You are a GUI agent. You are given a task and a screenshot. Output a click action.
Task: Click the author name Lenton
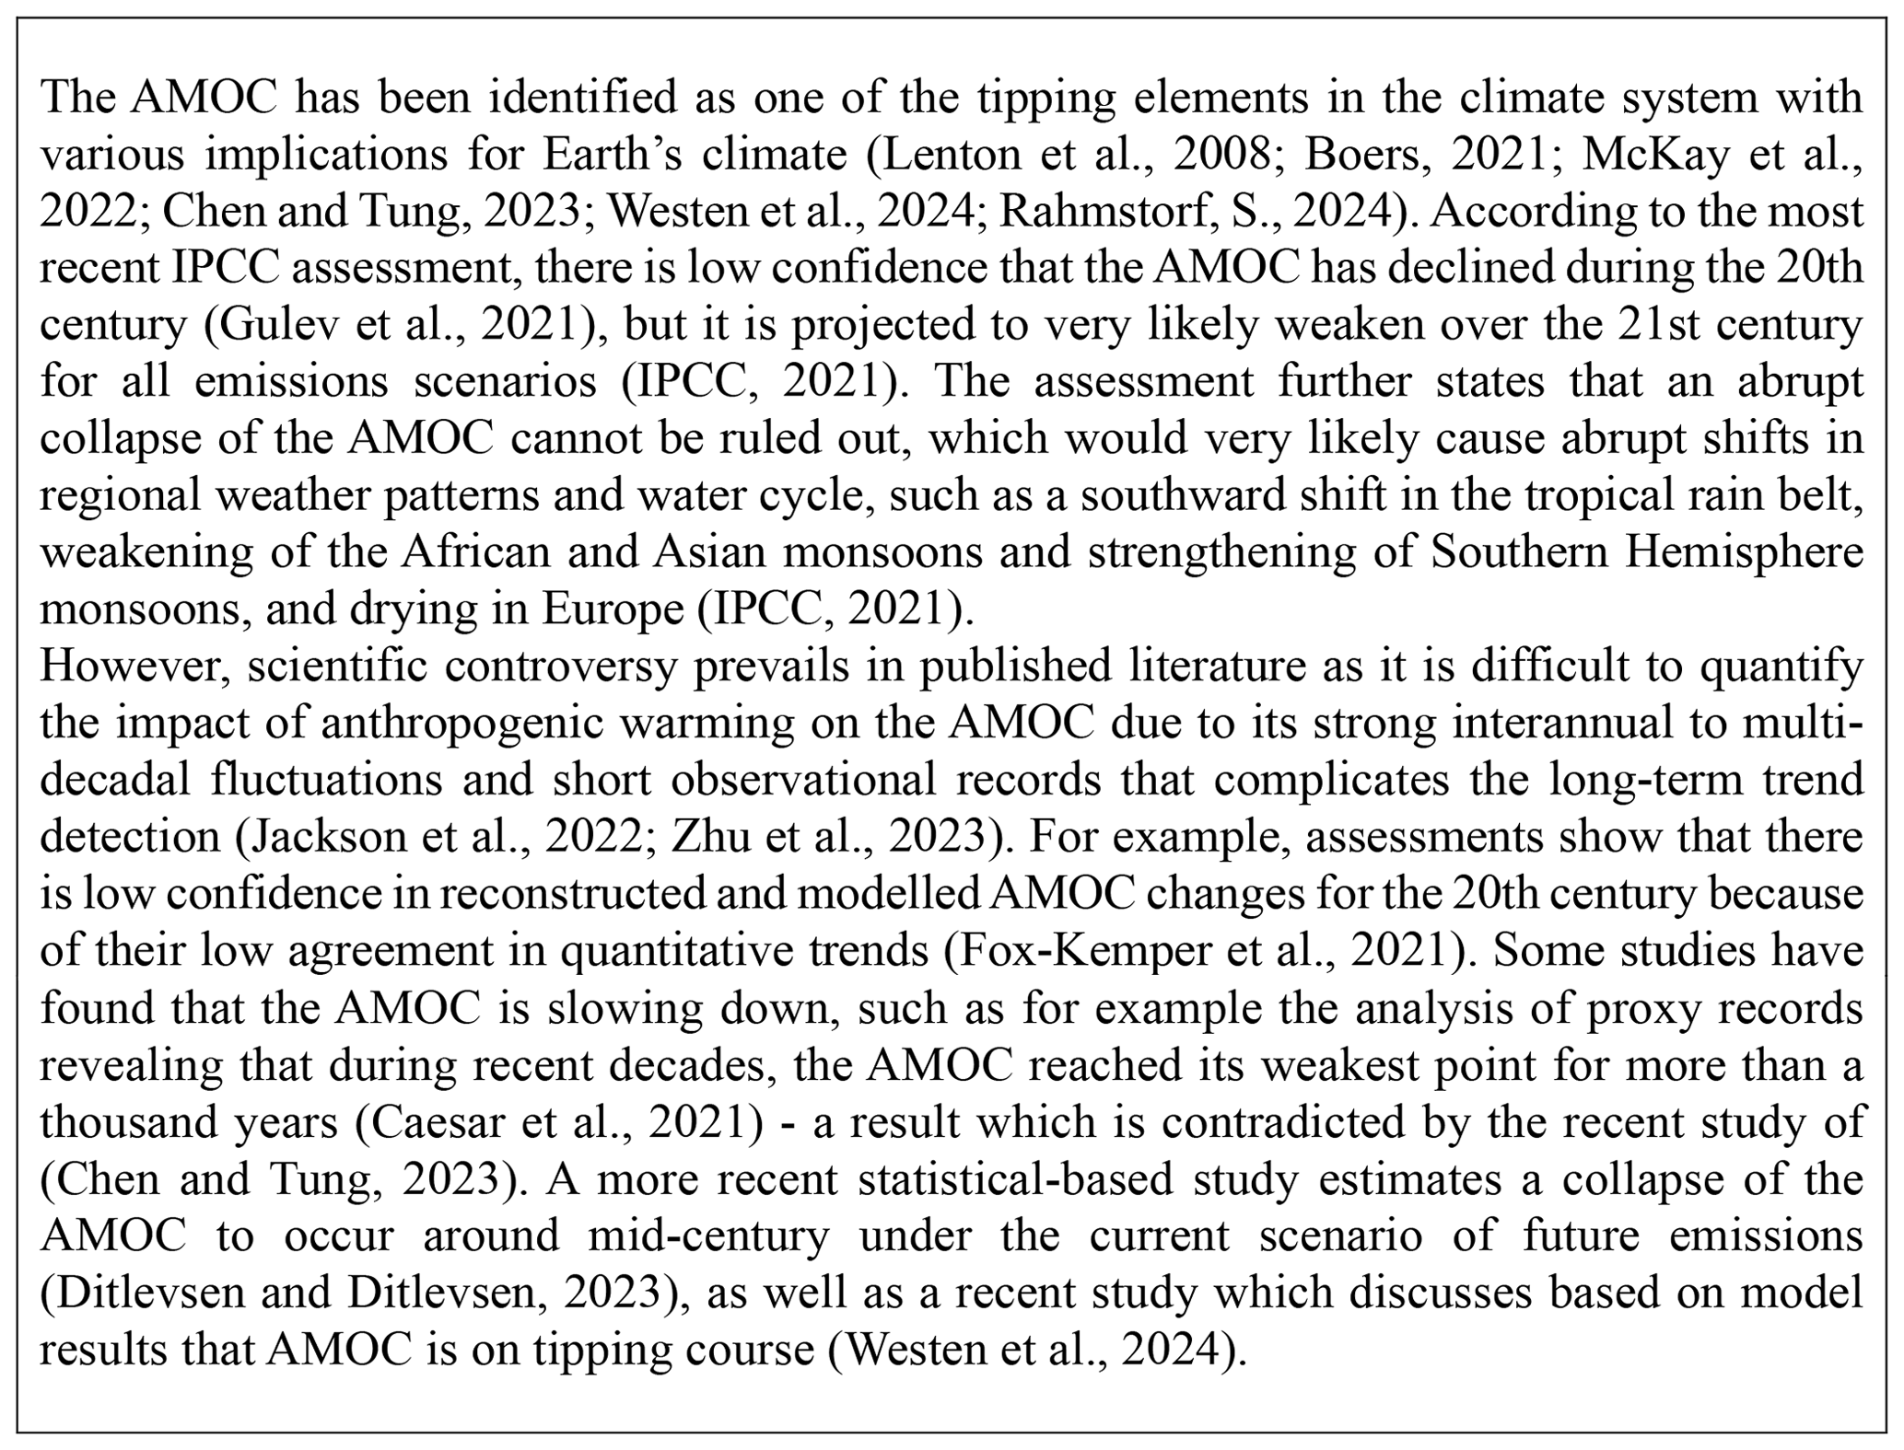pyautogui.click(x=958, y=155)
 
